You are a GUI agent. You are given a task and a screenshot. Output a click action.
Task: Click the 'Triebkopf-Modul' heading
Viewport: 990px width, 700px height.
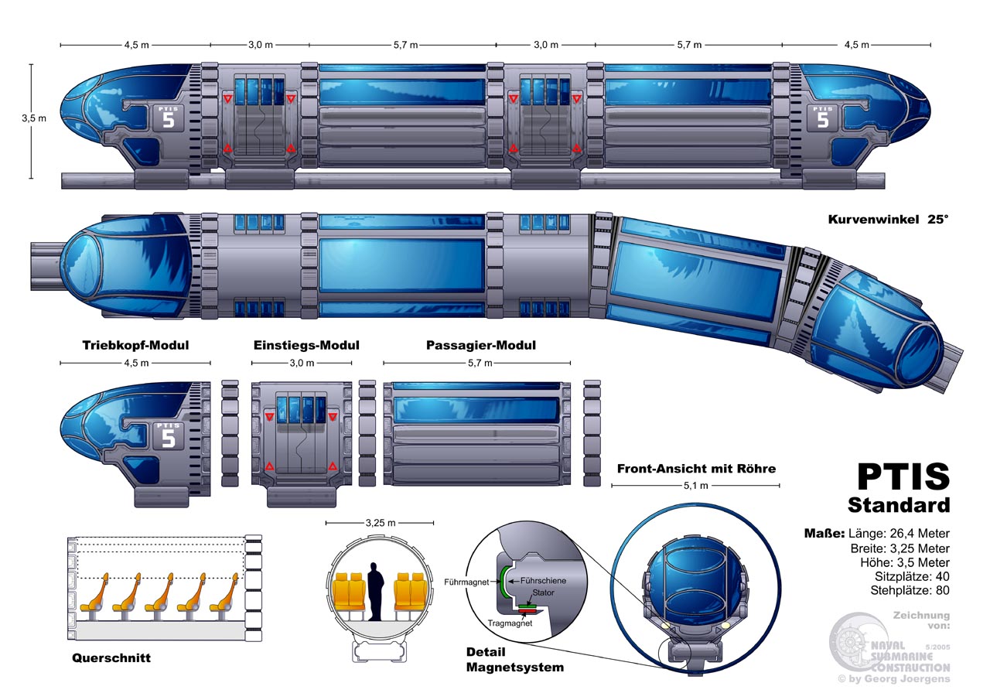click(x=135, y=346)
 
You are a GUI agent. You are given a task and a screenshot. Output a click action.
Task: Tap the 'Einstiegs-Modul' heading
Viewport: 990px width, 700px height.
click(x=306, y=346)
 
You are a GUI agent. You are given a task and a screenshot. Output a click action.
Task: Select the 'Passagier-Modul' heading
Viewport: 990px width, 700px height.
click(x=481, y=346)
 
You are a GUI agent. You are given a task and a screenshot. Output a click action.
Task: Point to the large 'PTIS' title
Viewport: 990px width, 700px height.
click(x=903, y=476)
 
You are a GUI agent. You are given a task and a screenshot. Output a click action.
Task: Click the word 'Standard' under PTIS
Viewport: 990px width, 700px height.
click(x=899, y=506)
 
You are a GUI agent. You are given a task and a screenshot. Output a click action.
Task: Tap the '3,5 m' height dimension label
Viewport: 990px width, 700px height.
click(x=33, y=118)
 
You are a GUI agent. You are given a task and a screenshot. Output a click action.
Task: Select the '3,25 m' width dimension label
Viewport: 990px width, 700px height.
click(x=379, y=523)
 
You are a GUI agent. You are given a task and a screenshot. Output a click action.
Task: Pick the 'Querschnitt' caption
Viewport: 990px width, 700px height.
click(x=111, y=658)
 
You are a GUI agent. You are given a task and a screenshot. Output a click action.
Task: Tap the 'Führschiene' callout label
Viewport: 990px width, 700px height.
click(x=543, y=579)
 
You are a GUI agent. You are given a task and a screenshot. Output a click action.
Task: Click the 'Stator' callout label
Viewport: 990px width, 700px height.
click(x=542, y=592)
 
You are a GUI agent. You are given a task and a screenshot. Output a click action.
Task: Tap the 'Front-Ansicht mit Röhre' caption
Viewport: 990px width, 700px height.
click(x=696, y=468)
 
